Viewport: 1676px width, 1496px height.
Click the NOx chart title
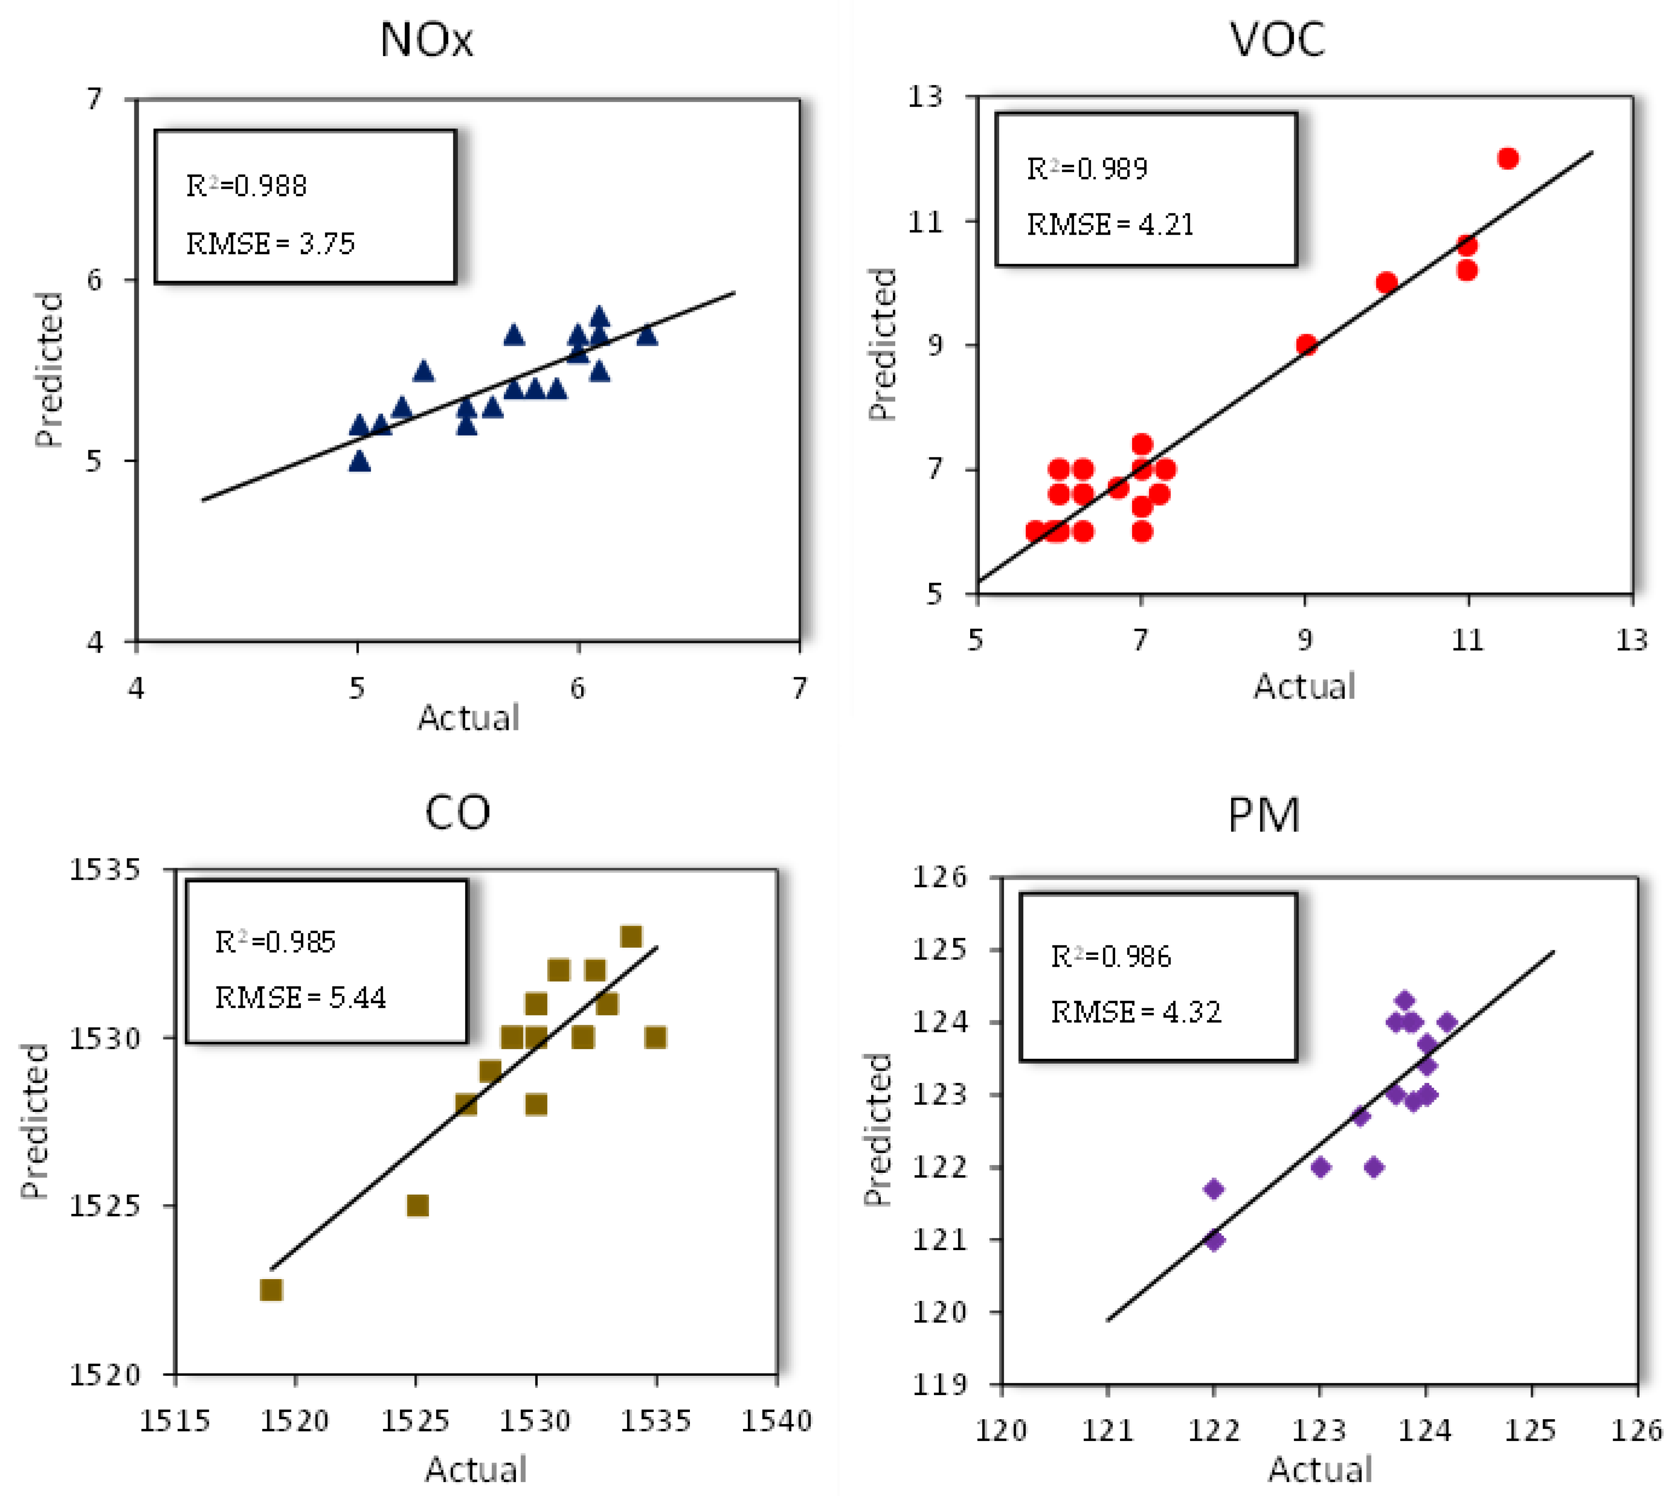click(x=427, y=40)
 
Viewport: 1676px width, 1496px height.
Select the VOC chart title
click(x=1276, y=40)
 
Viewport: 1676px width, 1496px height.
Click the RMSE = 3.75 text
click(x=271, y=244)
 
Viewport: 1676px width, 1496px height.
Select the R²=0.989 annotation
click(x=1087, y=169)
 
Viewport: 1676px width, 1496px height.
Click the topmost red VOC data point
click(x=1507, y=158)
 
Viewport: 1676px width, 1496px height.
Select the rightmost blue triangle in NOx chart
click(x=647, y=335)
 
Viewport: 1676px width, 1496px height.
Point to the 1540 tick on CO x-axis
click(x=776, y=1420)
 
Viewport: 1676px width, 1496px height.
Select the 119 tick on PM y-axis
click(x=940, y=1384)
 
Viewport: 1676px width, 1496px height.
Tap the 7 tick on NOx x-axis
click(x=799, y=688)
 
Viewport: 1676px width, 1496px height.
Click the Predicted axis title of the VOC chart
click(x=882, y=343)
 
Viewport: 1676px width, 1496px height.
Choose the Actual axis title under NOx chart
click(x=469, y=718)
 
